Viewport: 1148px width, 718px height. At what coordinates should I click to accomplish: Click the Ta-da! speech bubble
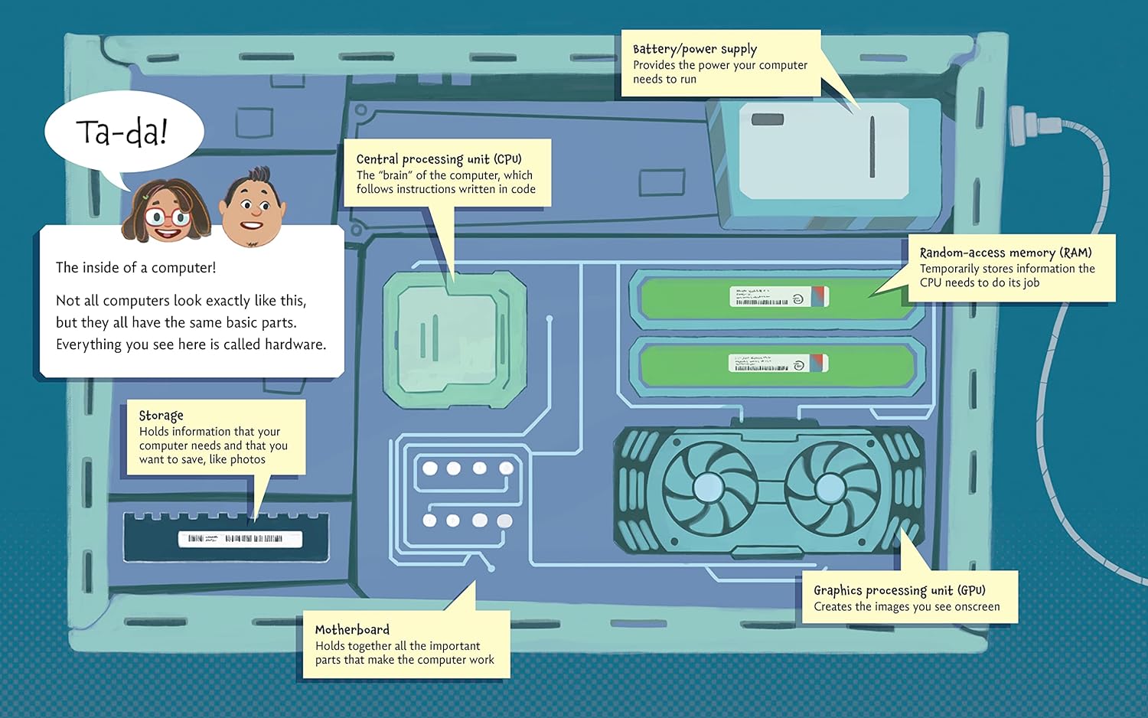122,132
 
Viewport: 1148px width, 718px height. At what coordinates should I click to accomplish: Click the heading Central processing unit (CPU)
439,159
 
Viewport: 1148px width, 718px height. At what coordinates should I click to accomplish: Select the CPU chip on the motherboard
455,338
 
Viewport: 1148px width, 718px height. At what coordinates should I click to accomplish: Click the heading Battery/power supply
694,50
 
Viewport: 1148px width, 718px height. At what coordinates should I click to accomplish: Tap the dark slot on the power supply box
767,119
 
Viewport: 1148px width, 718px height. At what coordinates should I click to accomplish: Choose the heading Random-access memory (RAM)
1005,253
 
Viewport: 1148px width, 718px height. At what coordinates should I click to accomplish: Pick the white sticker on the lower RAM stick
778,364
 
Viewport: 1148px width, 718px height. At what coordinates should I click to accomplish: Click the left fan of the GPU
708,487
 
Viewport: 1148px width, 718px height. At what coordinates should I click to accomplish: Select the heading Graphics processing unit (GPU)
899,590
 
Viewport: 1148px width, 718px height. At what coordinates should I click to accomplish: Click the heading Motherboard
352,629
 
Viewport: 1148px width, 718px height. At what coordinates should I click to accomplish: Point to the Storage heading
161,416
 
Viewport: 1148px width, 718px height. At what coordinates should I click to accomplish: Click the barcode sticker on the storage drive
240,539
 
